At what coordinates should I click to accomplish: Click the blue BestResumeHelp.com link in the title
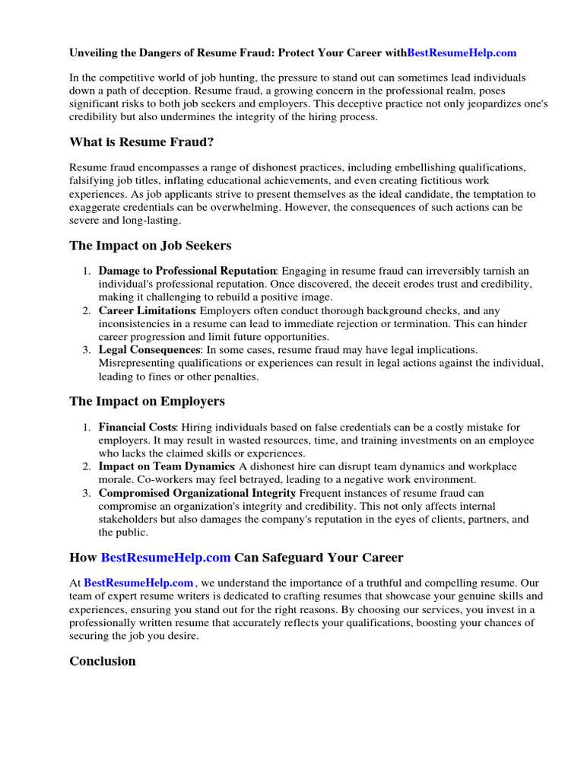pos(462,53)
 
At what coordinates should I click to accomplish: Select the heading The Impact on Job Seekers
pos(150,246)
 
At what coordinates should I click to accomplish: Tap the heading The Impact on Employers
pos(147,401)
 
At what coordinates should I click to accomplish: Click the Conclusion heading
pos(103,661)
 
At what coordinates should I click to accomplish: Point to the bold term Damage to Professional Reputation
pos(187,271)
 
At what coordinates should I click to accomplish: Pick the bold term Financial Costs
pos(137,428)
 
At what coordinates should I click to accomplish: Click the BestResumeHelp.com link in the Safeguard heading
pos(166,557)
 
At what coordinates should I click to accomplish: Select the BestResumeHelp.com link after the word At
pos(138,583)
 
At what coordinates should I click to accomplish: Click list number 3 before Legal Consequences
pos(87,350)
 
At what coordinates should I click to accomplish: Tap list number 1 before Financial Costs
pos(87,428)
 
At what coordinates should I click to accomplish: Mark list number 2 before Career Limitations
pos(87,310)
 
